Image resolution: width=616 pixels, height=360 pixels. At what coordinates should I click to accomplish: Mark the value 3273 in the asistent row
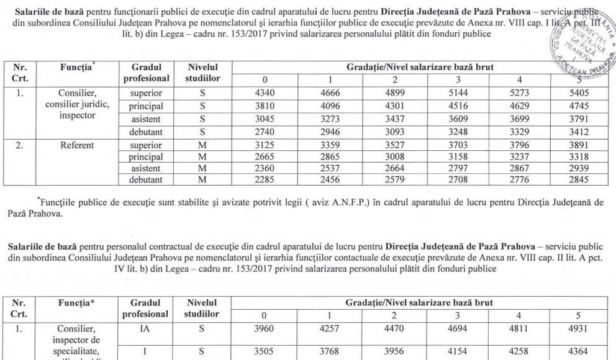pos(328,116)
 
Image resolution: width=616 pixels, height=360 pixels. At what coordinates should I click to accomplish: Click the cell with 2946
pos(328,128)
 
